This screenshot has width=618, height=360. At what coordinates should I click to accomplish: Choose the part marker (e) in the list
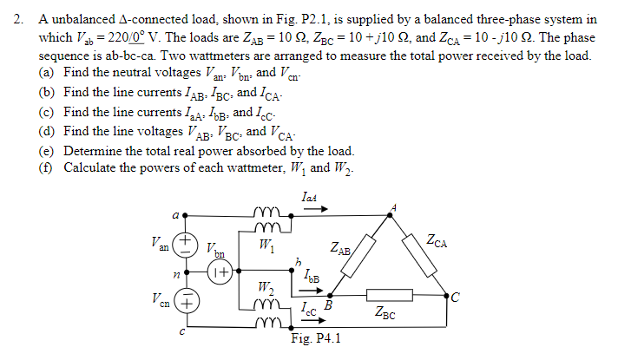49,150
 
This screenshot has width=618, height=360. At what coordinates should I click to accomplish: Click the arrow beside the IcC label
304,317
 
